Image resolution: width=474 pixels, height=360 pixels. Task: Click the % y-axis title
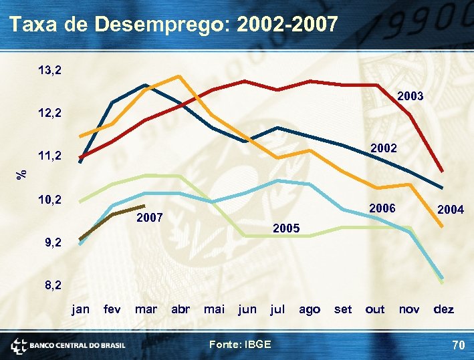click(x=22, y=173)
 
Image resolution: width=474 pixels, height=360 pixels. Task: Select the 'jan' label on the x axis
click(x=80, y=309)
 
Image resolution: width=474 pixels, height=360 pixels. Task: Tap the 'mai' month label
click(x=214, y=309)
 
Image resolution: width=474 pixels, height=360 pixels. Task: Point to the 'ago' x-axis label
click(x=309, y=309)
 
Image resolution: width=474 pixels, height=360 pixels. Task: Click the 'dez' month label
click(x=444, y=309)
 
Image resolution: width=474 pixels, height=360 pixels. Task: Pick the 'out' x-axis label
click(x=375, y=309)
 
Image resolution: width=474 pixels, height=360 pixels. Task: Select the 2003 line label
click(x=410, y=97)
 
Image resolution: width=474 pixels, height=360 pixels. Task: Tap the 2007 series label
click(x=149, y=218)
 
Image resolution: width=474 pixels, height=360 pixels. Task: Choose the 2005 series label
click(x=286, y=229)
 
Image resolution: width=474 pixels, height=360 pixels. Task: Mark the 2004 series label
click(x=450, y=210)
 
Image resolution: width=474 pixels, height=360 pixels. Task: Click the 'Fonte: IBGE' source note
click(x=240, y=344)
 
